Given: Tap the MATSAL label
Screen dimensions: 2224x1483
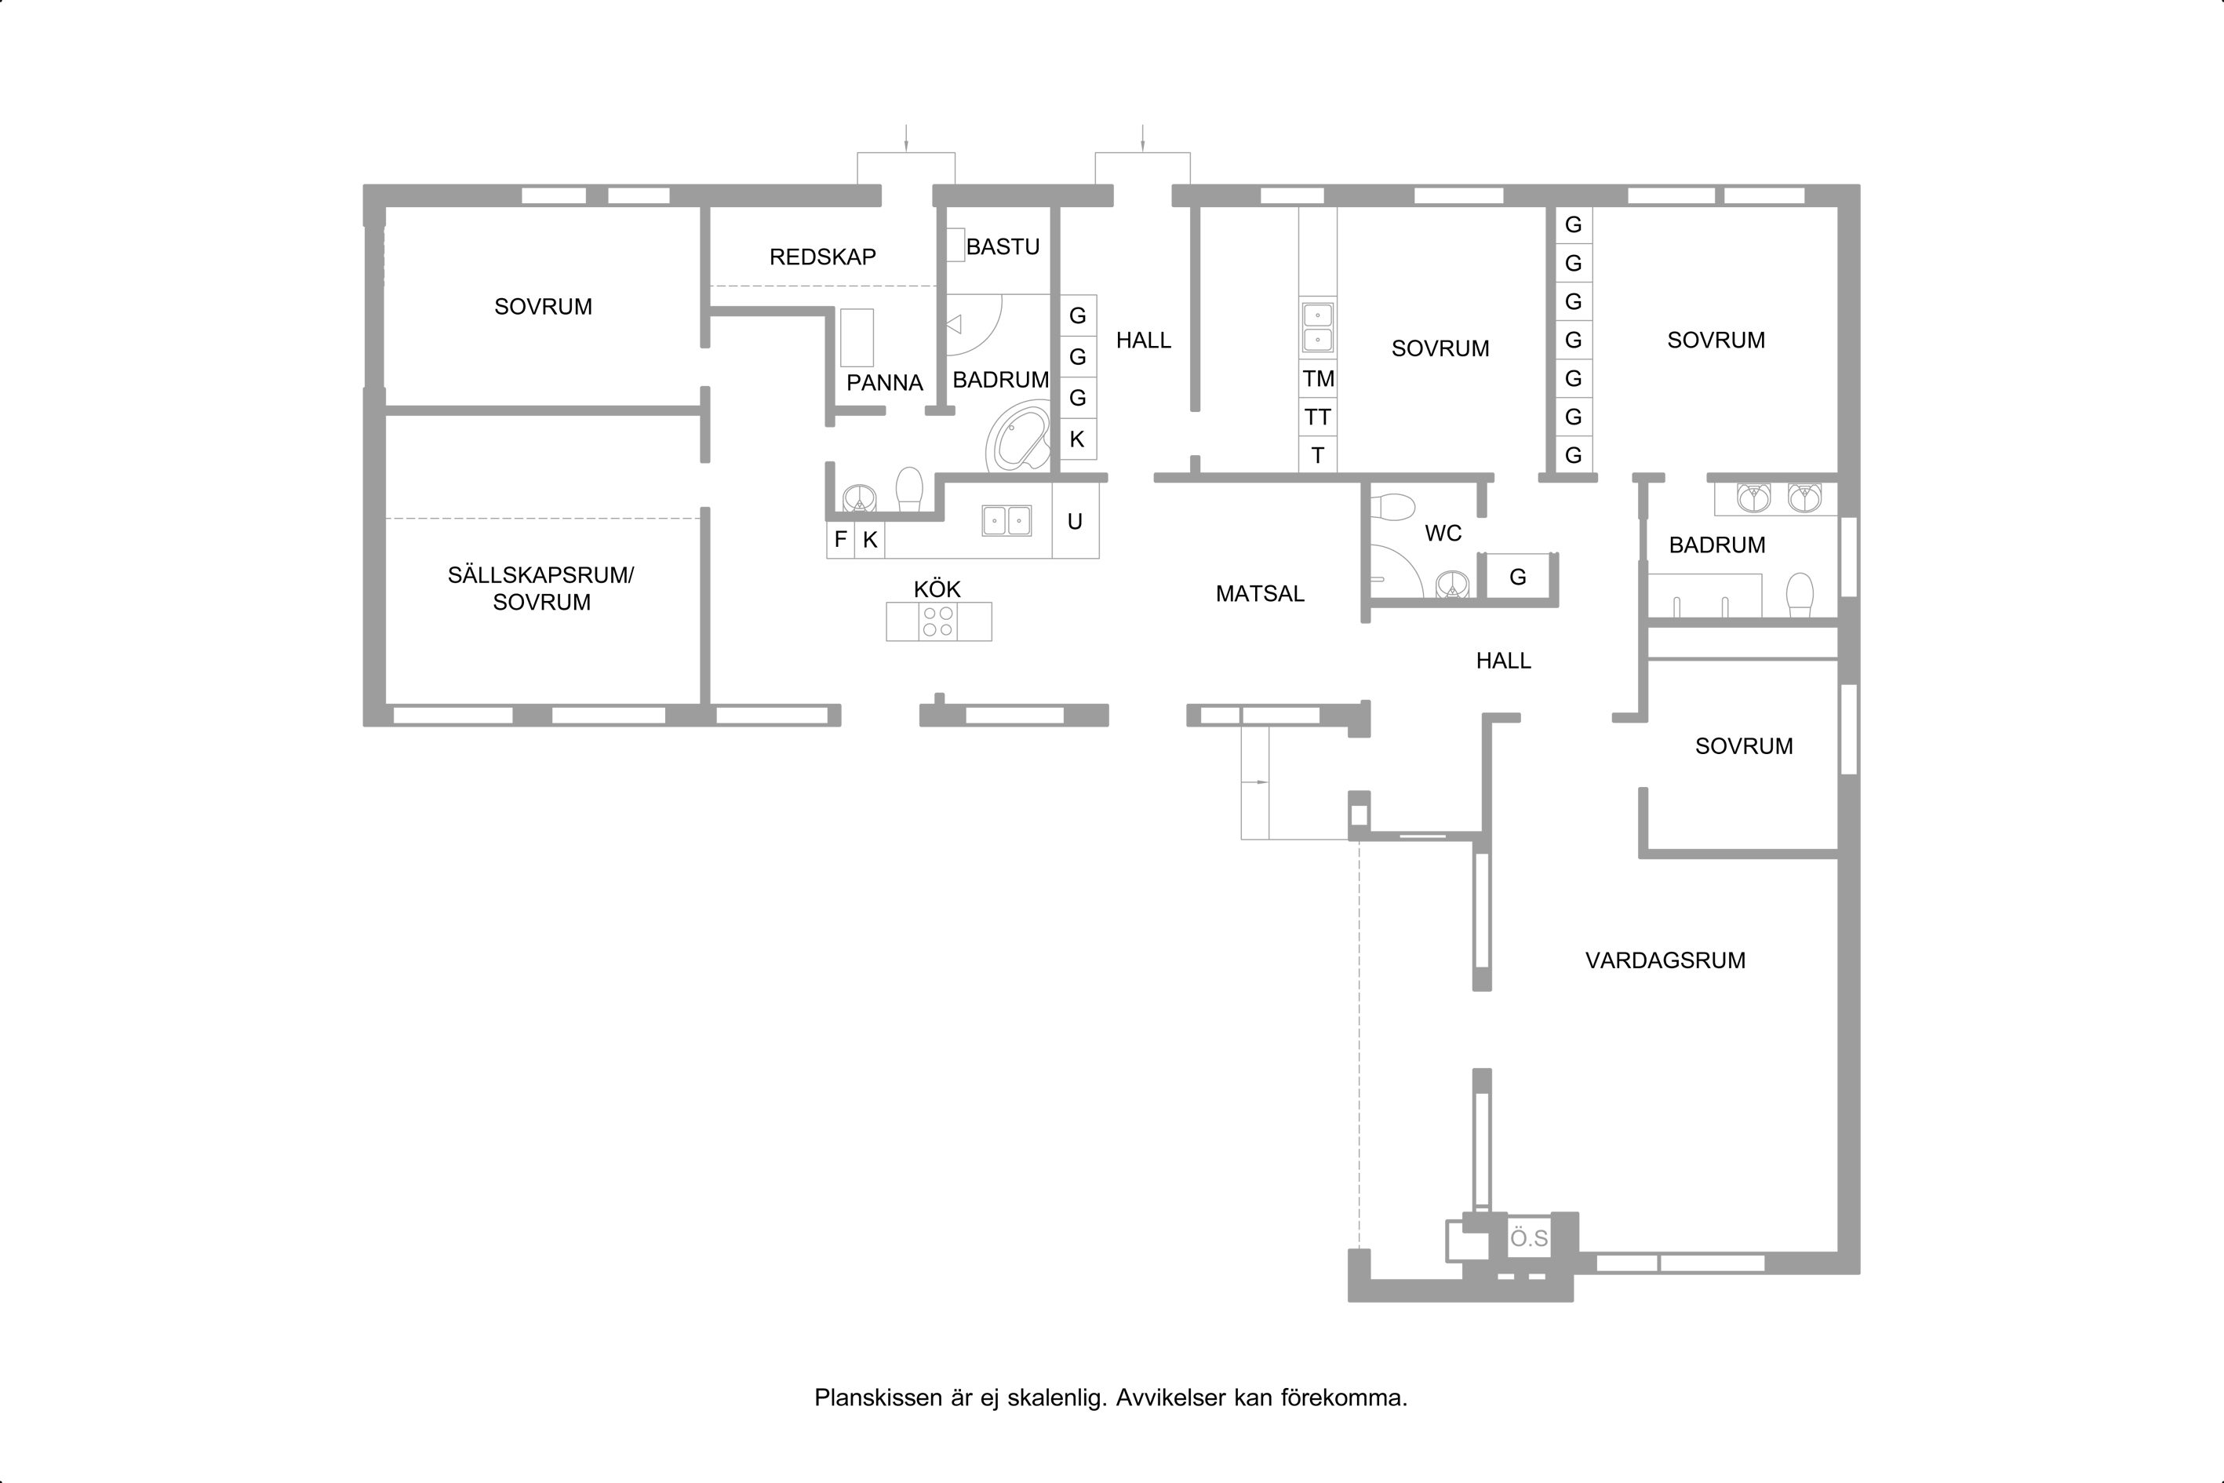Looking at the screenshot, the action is click(x=1260, y=594).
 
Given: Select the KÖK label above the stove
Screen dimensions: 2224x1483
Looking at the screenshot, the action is click(x=937, y=589).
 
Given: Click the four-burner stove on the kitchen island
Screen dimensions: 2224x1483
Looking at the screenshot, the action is click(x=938, y=621).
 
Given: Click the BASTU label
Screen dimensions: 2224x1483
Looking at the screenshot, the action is click(x=1003, y=247).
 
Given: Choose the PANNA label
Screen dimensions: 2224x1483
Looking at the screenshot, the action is click(x=884, y=383).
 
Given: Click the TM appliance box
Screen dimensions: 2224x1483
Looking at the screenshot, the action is click(x=1318, y=378).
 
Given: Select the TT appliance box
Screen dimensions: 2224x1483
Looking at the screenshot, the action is click(x=1318, y=417).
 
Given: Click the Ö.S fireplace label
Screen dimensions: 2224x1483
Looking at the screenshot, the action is click(x=1529, y=1238).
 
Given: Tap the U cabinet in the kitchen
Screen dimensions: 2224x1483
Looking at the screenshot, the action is click(x=1075, y=521).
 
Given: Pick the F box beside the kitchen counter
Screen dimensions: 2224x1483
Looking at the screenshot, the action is click(x=841, y=539).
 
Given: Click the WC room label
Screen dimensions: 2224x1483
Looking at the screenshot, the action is click(x=1443, y=534).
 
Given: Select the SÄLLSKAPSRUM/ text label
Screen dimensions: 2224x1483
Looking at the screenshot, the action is click(x=541, y=575).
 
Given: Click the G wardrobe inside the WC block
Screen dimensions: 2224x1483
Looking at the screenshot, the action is click(x=1518, y=577).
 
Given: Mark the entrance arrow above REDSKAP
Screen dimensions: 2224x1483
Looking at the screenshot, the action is click(x=906, y=138).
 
